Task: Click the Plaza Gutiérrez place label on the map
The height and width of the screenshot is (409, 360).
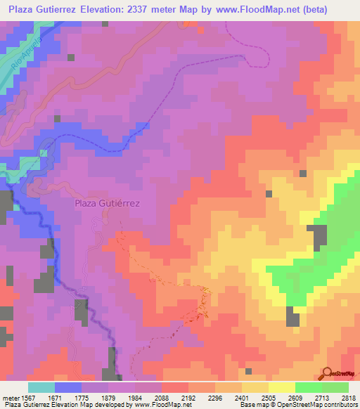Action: point(108,203)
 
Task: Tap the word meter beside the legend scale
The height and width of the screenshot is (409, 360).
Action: point(10,397)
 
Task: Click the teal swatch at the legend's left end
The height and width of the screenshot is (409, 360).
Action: point(41,387)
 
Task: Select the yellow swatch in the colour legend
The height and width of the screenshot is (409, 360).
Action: point(282,387)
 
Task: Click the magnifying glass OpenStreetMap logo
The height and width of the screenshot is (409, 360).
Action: point(328,373)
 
